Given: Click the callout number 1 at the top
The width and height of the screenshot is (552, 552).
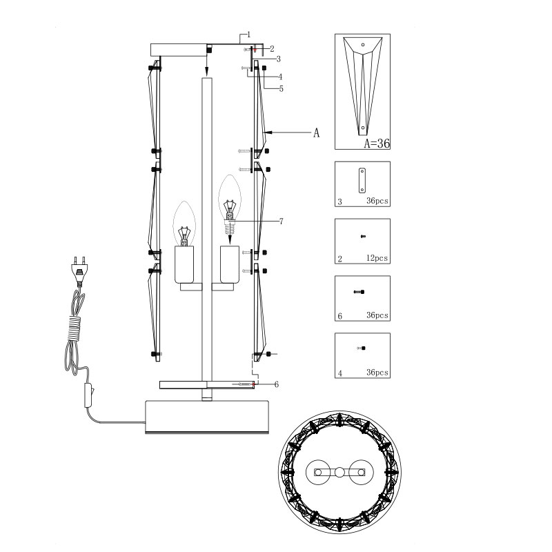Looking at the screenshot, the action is coord(248,34).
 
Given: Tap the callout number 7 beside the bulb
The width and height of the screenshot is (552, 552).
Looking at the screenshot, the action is coord(281,221).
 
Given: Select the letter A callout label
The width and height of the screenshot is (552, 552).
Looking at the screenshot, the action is coord(316,133).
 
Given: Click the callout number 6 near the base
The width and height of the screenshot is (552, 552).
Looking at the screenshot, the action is coord(277,384).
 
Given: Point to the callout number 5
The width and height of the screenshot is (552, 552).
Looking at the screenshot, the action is coord(281,89).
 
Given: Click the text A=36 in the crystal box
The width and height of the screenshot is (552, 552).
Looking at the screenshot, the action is coord(377,144).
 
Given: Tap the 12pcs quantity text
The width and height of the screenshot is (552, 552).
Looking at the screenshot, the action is coord(377,258).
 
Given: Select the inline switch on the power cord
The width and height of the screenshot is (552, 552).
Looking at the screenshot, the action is coord(88,395).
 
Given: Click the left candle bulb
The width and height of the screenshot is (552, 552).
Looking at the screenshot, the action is coord(184,224).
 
